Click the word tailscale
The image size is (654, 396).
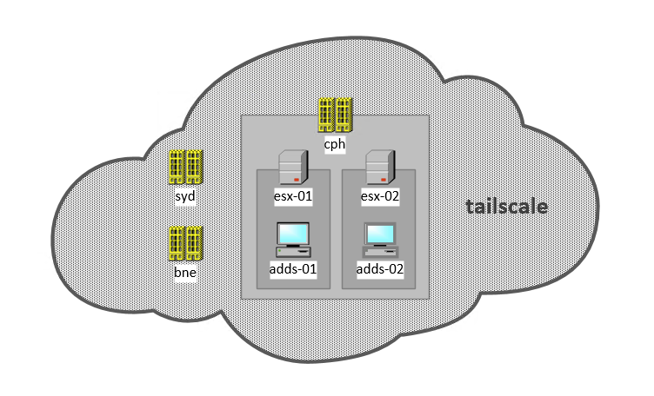[x=507, y=207]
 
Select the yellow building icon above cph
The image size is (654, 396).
[x=335, y=115]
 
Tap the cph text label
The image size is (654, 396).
[x=335, y=143]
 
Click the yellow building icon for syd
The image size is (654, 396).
[x=185, y=167]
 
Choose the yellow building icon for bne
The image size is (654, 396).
[x=185, y=243]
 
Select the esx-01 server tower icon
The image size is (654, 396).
[x=292, y=168]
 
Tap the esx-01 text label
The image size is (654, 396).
[x=292, y=196]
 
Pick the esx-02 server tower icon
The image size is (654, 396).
[x=379, y=168]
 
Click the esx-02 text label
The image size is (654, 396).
[x=379, y=196]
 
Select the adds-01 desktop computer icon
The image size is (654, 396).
[x=292, y=241]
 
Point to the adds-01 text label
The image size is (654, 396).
[x=292, y=270]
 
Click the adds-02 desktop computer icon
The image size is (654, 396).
[x=379, y=241]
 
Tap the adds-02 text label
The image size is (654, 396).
[x=379, y=270]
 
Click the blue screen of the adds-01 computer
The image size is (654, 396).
[x=292, y=234]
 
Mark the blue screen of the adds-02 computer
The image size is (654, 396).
[x=379, y=234]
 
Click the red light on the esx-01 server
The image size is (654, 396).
[x=297, y=181]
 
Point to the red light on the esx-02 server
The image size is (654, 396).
[x=384, y=181]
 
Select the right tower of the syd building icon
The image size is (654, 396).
[x=194, y=167]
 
